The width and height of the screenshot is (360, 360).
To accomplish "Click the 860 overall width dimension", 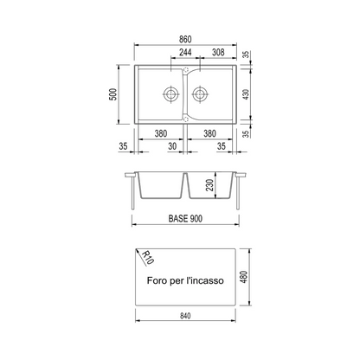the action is (x=185, y=39).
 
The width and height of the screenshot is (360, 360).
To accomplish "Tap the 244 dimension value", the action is (x=185, y=53).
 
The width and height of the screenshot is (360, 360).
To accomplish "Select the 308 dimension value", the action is (x=218, y=52).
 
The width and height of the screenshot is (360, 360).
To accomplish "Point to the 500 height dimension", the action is (x=113, y=94).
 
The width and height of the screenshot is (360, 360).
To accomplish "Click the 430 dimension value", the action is (x=246, y=94).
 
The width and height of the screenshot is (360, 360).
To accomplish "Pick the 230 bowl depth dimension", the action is (x=210, y=185).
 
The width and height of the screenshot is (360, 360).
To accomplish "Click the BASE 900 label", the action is (x=185, y=219).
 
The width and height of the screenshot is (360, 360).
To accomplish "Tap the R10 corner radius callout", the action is (x=148, y=258).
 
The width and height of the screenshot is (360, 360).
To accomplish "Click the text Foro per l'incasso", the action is (x=185, y=280).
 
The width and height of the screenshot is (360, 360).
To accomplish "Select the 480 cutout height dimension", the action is (x=244, y=277).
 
